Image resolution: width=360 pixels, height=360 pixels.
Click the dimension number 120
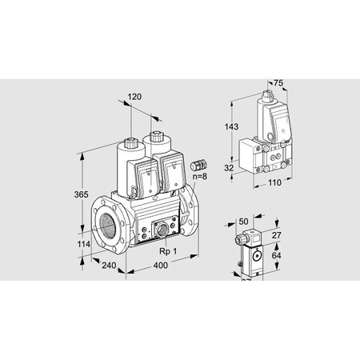[x=134, y=98]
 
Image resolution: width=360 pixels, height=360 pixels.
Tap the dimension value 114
[x=73, y=245]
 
